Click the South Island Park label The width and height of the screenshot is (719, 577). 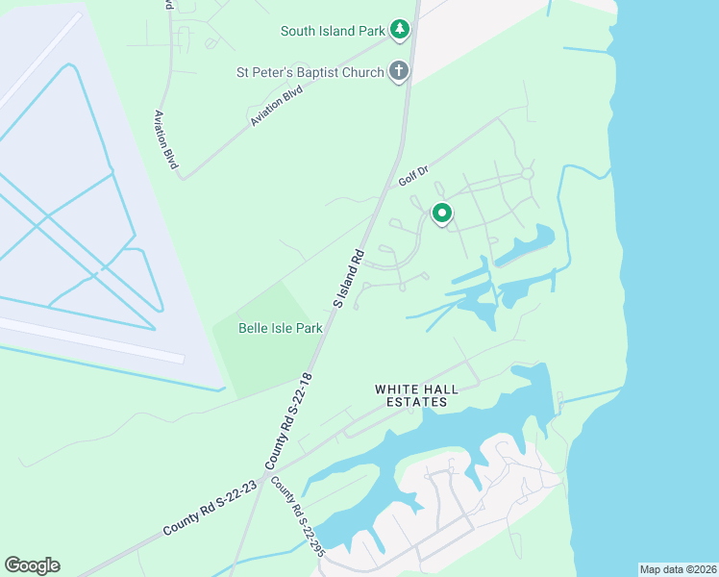click(x=334, y=31)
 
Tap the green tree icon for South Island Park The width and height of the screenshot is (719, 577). click(x=400, y=31)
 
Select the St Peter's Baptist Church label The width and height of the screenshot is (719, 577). click(x=310, y=72)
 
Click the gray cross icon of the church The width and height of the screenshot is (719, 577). click(x=399, y=71)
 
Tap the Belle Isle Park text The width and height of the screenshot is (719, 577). click(x=280, y=328)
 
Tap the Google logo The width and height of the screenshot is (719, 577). click(x=32, y=565)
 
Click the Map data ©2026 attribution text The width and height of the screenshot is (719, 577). click(x=678, y=569)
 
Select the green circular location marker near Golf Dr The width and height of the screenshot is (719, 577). click(x=441, y=213)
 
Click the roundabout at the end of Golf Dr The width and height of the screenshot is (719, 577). click(x=527, y=174)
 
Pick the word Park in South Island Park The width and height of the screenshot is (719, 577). click(x=367, y=31)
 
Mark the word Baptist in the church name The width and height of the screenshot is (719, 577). click(x=314, y=72)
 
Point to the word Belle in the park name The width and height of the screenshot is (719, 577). click(x=254, y=328)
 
